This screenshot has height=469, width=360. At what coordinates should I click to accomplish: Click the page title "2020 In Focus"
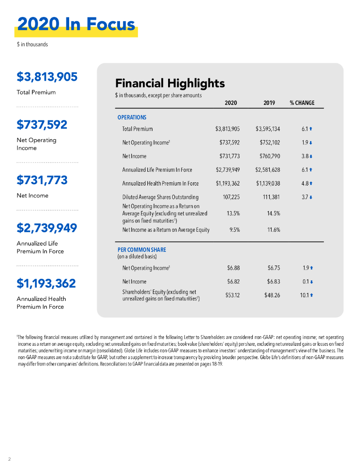click(x=76, y=24)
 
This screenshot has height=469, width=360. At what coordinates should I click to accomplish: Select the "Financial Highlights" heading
click(x=170, y=83)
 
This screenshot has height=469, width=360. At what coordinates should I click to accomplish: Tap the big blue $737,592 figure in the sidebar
click(x=42, y=125)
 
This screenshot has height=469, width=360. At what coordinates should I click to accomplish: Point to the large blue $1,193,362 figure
click(x=46, y=284)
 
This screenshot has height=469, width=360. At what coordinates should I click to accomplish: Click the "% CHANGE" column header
click(x=302, y=103)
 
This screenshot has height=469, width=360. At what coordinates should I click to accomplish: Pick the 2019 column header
click(x=269, y=103)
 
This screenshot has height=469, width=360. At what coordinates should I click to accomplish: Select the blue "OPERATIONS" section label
click(x=132, y=117)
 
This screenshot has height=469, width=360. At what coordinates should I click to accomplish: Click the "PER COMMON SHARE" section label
click(x=142, y=250)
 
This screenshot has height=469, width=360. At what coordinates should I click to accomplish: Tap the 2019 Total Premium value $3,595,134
click(x=267, y=129)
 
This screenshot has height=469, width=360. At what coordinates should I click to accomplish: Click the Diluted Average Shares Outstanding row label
click(x=160, y=197)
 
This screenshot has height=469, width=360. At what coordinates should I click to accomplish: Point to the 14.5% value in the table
click(x=273, y=213)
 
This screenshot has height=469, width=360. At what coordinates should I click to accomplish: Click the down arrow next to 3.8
click(x=312, y=156)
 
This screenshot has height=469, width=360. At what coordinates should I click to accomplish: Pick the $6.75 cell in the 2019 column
click(x=273, y=267)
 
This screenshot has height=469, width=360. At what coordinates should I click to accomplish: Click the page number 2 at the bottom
click(x=9, y=458)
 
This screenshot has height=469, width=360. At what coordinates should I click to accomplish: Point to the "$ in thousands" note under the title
click(x=32, y=44)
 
